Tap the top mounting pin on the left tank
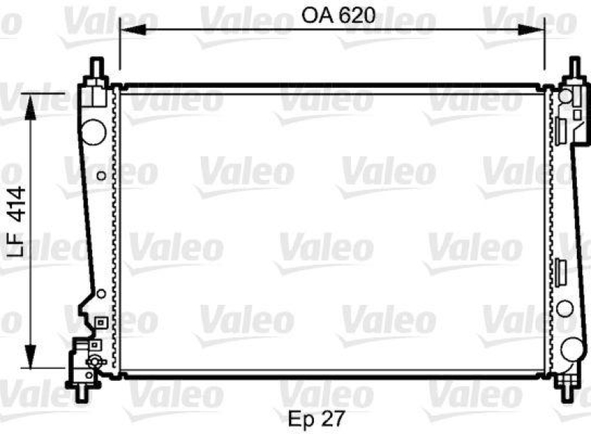click(95, 70)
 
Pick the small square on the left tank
click(100, 322)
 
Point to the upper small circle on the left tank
click(100, 176)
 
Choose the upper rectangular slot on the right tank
click(561, 129)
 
